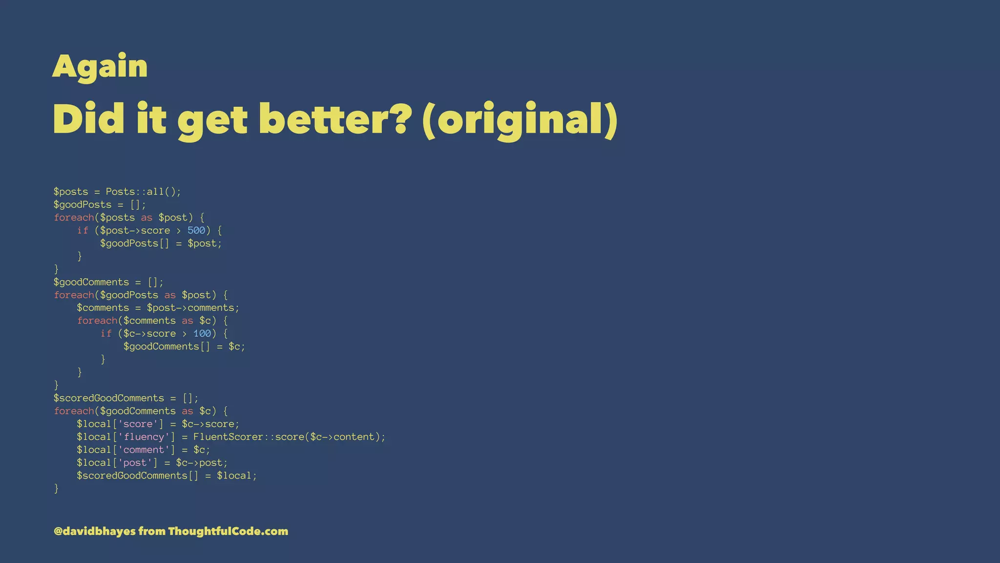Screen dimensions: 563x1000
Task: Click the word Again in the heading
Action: (x=100, y=66)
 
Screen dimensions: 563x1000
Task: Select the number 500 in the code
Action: (x=196, y=230)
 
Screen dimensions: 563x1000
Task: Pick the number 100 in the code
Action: (x=202, y=333)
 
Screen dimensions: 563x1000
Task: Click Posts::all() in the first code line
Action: (x=143, y=192)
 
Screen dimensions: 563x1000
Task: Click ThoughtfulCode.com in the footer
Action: (x=228, y=531)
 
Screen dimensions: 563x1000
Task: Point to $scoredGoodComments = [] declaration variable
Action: (x=108, y=398)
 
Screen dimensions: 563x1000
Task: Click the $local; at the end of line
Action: (x=237, y=476)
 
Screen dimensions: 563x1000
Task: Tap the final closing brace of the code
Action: (x=56, y=488)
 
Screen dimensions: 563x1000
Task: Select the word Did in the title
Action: (x=88, y=119)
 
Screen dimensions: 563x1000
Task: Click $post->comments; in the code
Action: (x=193, y=308)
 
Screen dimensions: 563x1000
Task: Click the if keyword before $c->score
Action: (x=106, y=333)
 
